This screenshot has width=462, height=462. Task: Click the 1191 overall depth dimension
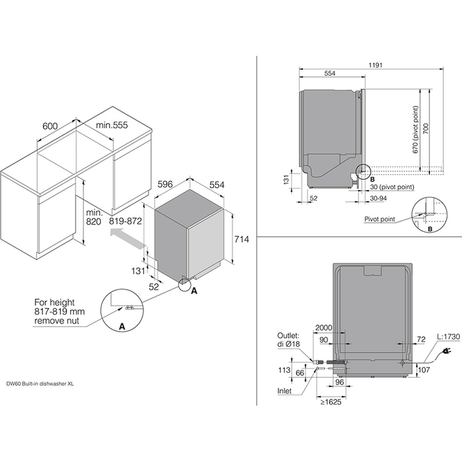coord(375,65)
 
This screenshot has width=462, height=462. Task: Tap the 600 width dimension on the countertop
coord(50,127)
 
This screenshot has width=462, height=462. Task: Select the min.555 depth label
coord(112,125)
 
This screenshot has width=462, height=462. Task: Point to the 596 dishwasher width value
coord(165,184)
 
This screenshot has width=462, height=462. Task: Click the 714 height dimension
coord(242,239)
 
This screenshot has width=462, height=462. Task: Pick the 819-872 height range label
coord(126,221)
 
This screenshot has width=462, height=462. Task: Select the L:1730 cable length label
coord(448,336)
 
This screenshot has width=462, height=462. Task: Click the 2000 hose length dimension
coord(323,328)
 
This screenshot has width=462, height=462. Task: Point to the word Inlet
coord(284,391)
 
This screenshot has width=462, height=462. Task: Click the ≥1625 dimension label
coord(331,402)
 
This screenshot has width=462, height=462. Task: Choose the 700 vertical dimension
coord(426,129)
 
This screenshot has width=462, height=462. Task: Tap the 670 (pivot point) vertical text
coord(415,130)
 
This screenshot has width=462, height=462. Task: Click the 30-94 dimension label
coord(378,198)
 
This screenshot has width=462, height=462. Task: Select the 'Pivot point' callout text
coord(379,219)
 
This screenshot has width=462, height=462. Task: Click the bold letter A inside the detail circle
coord(122,327)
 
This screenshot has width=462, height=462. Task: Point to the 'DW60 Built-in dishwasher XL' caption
coord(40,383)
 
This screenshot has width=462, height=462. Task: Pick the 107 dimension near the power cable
coord(424,369)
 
